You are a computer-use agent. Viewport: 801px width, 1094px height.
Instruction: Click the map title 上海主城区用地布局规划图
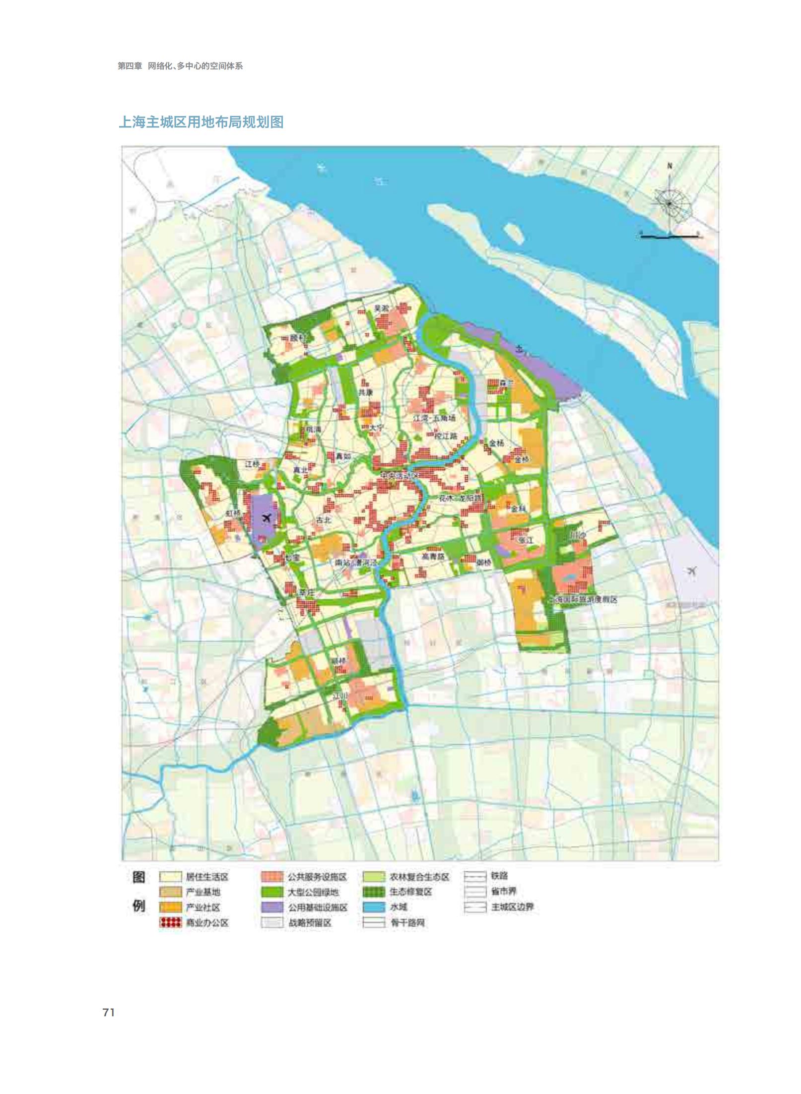tap(201, 122)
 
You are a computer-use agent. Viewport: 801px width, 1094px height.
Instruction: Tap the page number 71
tap(109, 1013)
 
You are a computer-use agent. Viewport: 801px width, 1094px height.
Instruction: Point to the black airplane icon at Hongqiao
tap(266, 518)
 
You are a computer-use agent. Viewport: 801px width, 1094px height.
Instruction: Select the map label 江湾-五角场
tap(434, 418)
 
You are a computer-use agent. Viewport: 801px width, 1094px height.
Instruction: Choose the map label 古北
tap(324, 520)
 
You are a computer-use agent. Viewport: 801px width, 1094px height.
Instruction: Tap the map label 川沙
tap(577, 536)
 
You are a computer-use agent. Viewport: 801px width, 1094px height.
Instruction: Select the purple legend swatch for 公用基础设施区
tap(272, 907)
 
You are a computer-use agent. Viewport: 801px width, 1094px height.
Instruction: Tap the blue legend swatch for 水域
tap(374, 907)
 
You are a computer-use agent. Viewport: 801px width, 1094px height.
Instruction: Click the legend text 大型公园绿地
tap(313, 892)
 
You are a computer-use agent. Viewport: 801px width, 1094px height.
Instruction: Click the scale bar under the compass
tap(669, 237)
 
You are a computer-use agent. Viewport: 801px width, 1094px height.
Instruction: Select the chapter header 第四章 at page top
tap(130, 66)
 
